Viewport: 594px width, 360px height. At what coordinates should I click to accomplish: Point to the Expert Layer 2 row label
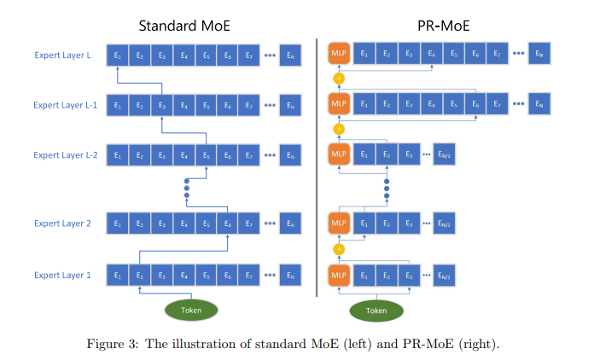[x=62, y=224]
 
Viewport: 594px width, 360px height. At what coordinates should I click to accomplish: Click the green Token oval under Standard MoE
[x=191, y=310]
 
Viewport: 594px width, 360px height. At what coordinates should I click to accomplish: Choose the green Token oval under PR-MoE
[x=376, y=310]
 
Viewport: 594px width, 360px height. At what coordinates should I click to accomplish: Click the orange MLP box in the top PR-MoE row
[x=339, y=55]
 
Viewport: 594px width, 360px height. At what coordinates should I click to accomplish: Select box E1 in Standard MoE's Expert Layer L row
[x=117, y=56]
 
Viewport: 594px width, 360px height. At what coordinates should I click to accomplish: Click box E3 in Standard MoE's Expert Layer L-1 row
[x=161, y=106]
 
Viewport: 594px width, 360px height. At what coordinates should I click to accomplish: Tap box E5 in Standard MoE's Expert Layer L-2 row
[x=206, y=155]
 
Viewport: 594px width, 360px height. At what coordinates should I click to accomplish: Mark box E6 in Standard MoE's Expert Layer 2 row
[x=228, y=224]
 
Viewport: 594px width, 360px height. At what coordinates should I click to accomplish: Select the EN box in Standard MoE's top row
[x=291, y=56]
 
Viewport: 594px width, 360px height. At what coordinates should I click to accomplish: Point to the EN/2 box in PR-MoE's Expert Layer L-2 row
[x=444, y=155]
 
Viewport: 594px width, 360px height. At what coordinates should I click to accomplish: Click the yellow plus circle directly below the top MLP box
[x=339, y=79]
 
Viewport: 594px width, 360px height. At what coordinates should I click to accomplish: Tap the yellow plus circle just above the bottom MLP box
[x=339, y=249]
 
